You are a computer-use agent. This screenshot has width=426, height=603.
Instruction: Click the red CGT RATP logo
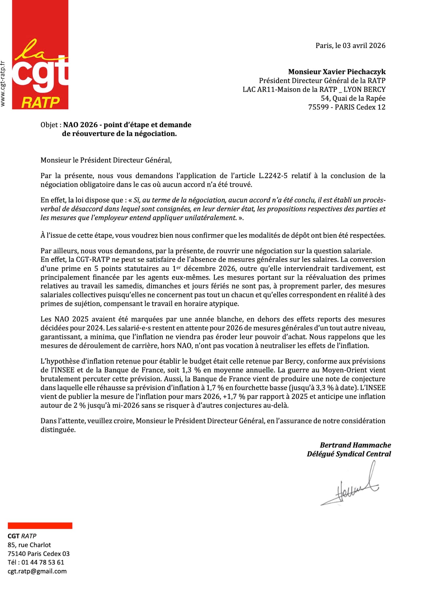(x=40, y=55)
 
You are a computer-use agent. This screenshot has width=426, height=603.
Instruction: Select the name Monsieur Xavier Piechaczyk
(x=337, y=72)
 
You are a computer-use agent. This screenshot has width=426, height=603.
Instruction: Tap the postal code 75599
(x=318, y=107)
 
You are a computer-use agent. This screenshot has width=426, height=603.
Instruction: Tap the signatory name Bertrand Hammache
(x=356, y=445)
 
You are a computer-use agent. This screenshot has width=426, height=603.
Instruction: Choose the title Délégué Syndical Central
(x=349, y=454)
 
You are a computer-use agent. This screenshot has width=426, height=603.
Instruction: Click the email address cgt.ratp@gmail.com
(x=37, y=571)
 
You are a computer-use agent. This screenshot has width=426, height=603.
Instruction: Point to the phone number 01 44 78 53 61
(x=43, y=562)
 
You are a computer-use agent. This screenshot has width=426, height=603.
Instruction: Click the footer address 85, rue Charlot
(x=29, y=545)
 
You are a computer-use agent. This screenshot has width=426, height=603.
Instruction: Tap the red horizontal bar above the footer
(x=40, y=526)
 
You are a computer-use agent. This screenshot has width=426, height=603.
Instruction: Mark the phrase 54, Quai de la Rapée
(x=353, y=98)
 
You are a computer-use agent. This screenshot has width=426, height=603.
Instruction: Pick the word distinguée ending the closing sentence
(x=58, y=430)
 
